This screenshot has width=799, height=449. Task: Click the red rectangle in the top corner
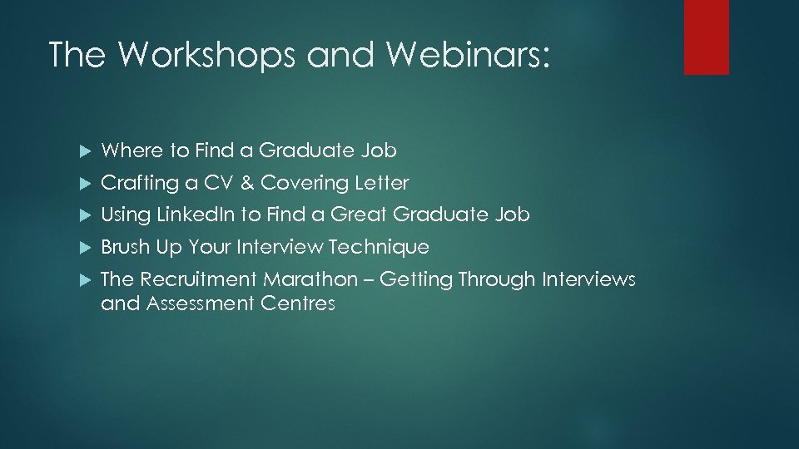point(706,37)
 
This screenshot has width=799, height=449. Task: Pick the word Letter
point(382,182)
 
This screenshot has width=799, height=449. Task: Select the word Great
point(359,215)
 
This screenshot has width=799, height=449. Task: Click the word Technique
point(379,247)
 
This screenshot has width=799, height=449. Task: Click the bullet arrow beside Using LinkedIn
point(82,215)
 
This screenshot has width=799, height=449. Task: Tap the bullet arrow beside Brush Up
point(82,248)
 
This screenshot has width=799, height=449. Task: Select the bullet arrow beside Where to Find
point(82,151)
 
